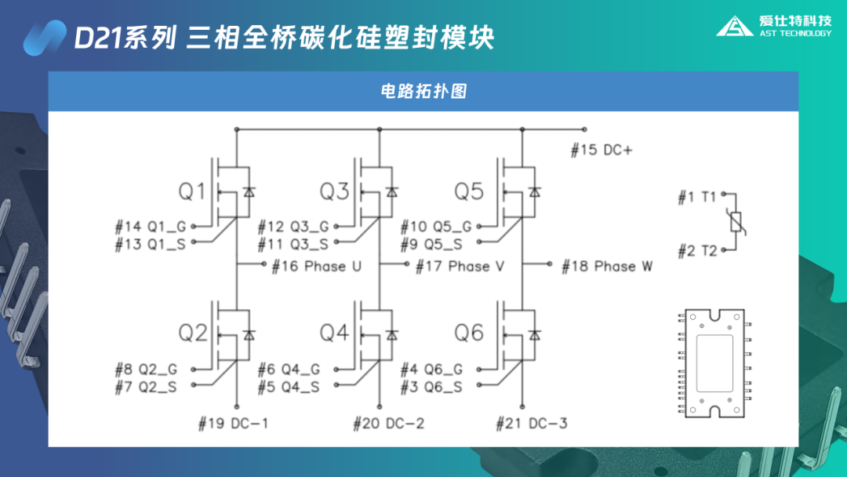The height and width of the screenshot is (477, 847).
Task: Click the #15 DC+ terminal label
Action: pyautogui.click(x=601, y=150)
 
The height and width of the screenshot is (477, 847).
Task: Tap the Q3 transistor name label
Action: pyautogui.click(x=335, y=191)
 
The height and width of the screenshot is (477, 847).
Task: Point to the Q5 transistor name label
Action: pyautogui.click(x=469, y=191)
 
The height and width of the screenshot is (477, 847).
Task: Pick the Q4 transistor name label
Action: pyautogui.click(x=335, y=333)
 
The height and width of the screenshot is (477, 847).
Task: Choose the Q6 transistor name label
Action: pyautogui.click(x=469, y=333)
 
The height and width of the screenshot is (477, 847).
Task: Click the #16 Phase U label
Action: pyautogui.click(x=317, y=267)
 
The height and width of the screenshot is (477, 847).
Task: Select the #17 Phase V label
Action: pyautogui.click(x=460, y=267)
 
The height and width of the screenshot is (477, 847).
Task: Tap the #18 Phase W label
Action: pyautogui.click(x=607, y=267)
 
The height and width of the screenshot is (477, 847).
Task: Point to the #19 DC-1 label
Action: pyautogui.click(x=233, y=424)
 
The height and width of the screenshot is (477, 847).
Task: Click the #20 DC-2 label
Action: pyautogui.click(x=389, y=424)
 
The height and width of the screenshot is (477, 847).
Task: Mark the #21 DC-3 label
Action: pyautogui.click(x=532, y=424)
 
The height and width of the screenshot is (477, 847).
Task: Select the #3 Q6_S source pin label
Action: pyautogui.click(x=431, y=387)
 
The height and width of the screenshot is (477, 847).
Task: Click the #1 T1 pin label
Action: pyautogui.click(x=697, y=198)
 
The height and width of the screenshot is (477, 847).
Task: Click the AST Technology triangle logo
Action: pyautogui.click(x=735, y=26)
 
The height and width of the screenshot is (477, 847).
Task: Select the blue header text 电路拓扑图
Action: pyautogui.click(x=423, y=91)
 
